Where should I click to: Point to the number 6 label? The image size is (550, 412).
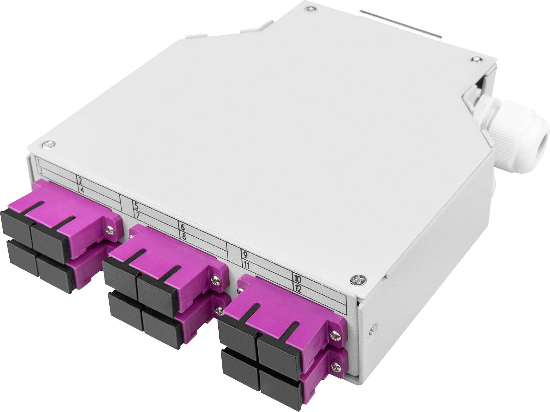tap(183, 227)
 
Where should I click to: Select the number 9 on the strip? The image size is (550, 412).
tap(245, 255)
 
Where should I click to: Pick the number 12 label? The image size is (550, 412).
tap(298, 289)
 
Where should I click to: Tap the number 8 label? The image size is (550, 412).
tap(184, 236)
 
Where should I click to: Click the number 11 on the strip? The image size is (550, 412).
tap(246, 265)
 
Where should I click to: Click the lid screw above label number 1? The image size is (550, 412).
tap(48, 144)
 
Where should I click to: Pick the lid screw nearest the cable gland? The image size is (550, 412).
tap(475, 59)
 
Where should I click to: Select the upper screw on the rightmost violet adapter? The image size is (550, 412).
tap(334, 333)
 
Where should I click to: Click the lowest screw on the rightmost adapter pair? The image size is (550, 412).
tap(335, 366)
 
